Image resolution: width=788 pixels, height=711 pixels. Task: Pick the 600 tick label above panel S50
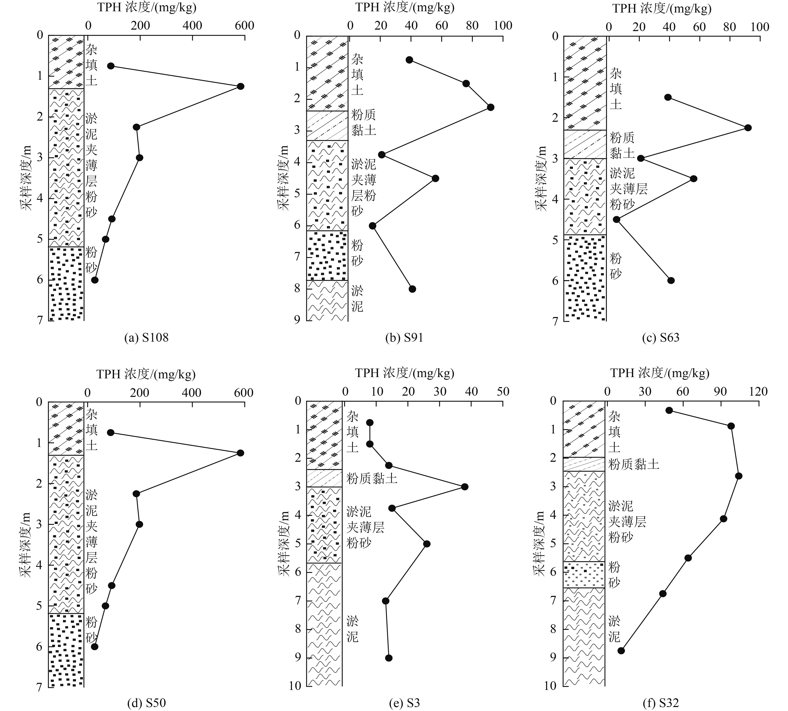coord(243,393)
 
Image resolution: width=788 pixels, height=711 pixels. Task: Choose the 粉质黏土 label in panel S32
coord(633,464)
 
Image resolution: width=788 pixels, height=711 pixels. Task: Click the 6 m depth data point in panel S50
coord(94,647)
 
